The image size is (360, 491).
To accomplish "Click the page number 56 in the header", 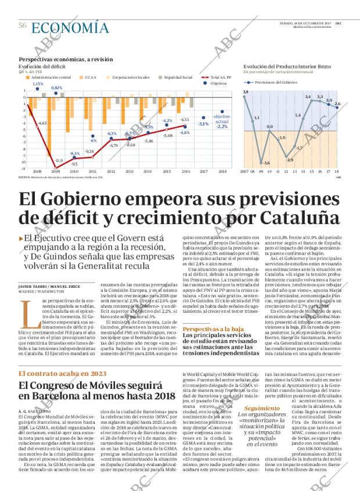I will point(23,26).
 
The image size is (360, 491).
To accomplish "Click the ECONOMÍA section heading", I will point(69,27).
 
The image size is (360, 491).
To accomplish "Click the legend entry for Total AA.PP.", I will point(217,77).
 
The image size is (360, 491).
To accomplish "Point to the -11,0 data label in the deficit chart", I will point(58,160).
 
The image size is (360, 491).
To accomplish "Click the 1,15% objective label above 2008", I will point(38,84).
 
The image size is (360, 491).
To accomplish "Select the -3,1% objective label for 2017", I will point(203,124).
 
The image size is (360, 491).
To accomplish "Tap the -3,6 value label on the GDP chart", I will point(266,163).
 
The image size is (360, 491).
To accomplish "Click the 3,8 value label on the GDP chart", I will point(246,92).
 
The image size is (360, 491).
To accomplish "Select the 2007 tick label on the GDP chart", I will point(244,172).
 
